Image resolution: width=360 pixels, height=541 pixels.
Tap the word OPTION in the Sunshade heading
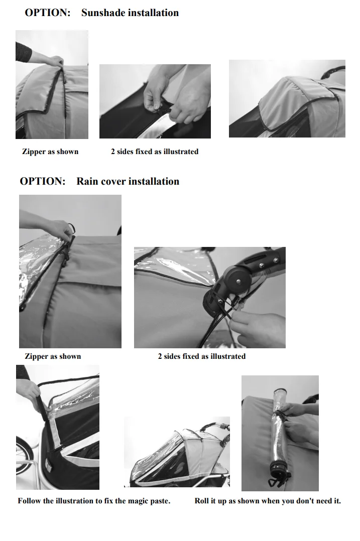pos(47,13)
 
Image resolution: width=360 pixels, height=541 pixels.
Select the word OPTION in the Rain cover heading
pos(43,181)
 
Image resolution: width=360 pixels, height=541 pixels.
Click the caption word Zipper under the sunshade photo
pos(34,152)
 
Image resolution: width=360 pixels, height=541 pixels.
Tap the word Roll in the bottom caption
pos(201,501)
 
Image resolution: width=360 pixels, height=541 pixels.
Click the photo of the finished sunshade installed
pos(287,99)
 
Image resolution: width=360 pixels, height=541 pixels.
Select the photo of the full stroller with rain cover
pos(177,452)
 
